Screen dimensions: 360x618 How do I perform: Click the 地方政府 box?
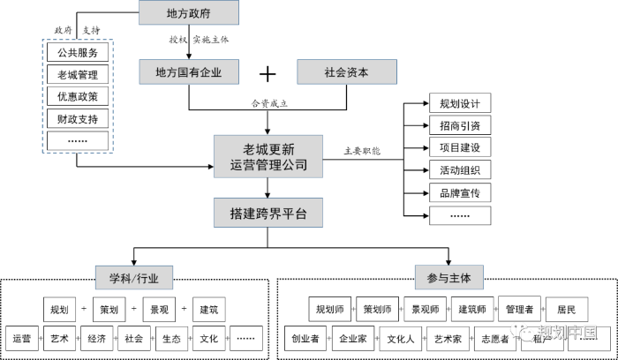pyautogui.click(x=188, y=13)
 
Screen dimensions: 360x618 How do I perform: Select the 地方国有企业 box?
pyautogui.click(x=188, y=71)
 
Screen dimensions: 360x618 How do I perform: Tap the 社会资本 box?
pyautogui.click(x=346, y=71)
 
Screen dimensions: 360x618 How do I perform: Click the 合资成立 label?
pyautogui.click(x=269, y=102)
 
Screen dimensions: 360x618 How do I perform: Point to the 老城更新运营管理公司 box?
pyautogui.click(x=268, y=156)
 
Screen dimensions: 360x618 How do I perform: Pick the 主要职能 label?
pyautogui.click(x=362, y=151)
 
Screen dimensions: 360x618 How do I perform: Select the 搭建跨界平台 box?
pyautogui.click(x=268, y=214)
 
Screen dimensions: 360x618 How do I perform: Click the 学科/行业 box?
pyautogui.click(x=134, y=278)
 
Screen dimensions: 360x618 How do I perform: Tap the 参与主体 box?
pyautogui.click(x=449, y=278)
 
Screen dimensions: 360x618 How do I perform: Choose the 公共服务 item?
pyautogui.click(x=78, y=53)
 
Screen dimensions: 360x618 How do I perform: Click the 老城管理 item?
pyautogui.click(x=78, y=75)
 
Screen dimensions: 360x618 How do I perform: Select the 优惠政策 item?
pyautogui.click(x=78, y=96)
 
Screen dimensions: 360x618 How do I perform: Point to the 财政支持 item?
pyautogui.click(x=78, y=118)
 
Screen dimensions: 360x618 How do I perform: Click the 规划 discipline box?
pyautogui.click(x=59, y=310)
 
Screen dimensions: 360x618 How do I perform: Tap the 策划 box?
pyautogui.click(x=109, y=310)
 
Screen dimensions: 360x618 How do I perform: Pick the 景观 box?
pyautogui.click(x=159, y=310)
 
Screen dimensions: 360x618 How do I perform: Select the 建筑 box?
pyautogui.click(x=209, y=310)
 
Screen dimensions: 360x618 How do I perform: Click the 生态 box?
pyautogui.click(x=171, y=339)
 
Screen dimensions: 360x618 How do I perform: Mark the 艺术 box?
pyautogui.click(x=59, y=339)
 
